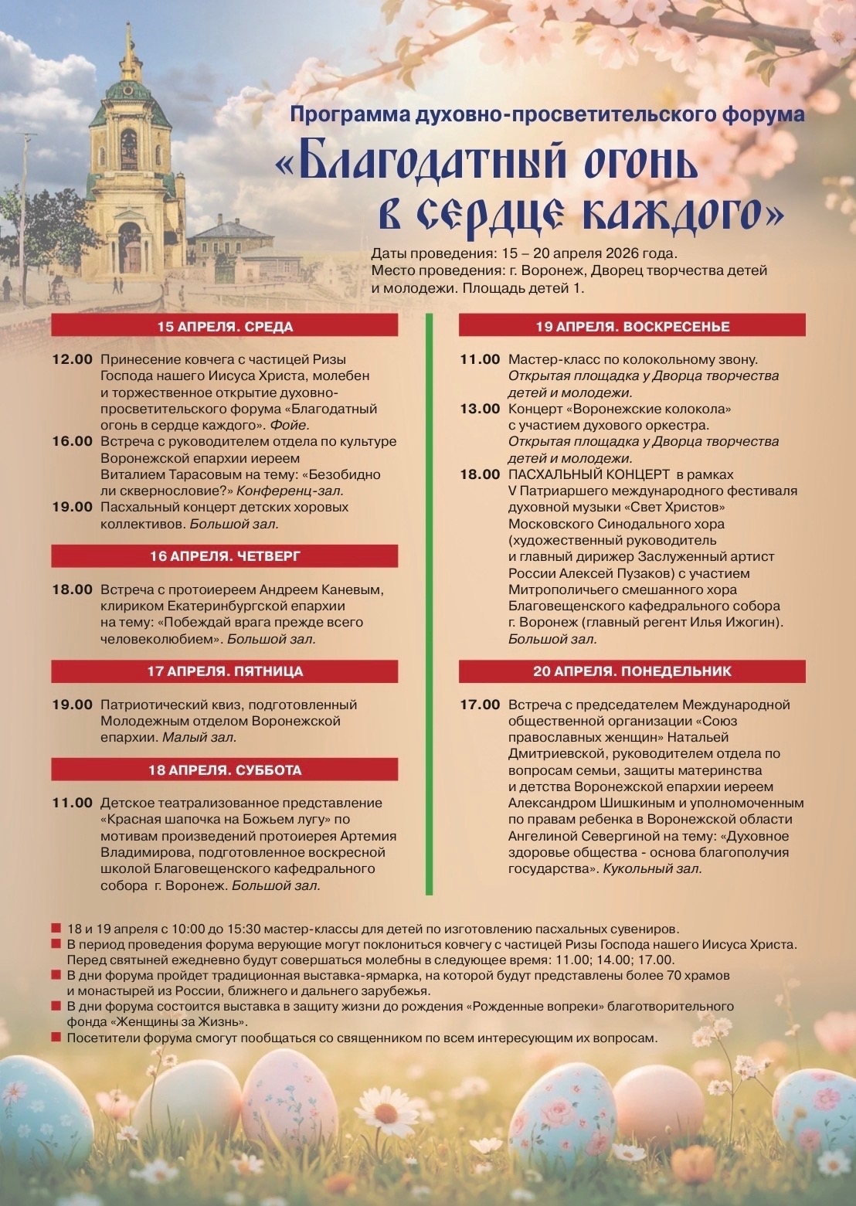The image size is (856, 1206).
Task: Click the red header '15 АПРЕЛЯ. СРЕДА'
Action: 225,326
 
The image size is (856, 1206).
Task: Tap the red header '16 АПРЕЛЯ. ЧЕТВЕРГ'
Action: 225,556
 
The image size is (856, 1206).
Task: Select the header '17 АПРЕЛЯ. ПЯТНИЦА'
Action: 225,671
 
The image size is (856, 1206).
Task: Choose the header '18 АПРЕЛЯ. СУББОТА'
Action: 225,770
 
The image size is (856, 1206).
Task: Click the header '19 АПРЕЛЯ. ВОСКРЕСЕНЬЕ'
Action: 632,326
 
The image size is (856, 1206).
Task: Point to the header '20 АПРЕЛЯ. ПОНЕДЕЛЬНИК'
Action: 632,671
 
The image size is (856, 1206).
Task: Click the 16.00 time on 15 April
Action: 73,441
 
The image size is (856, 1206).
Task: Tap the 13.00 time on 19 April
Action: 480,409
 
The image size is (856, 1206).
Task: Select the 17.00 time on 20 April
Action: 480,705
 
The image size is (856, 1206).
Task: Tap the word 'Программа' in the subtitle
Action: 350,115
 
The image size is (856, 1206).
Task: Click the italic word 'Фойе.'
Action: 290,425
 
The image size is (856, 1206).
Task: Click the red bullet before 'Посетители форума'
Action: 56,1038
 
